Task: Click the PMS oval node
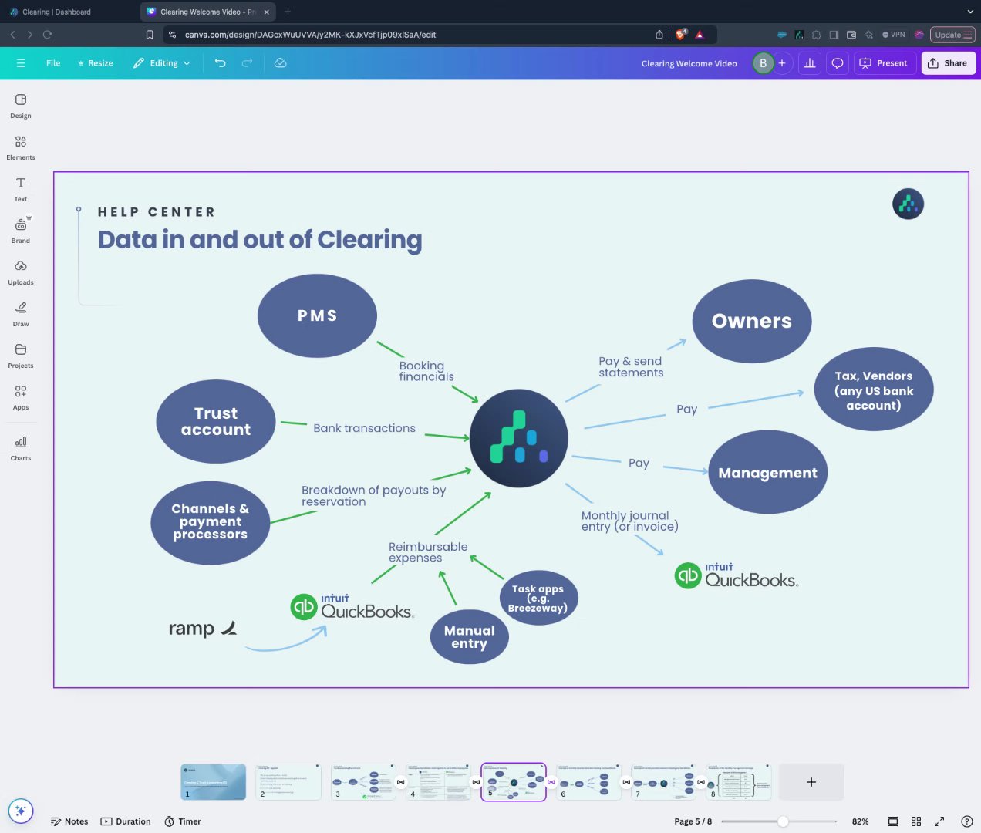click(317, 315)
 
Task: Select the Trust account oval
click(216, 421)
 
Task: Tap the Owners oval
click(751, 321)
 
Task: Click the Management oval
click(767, 473)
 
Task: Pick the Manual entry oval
click(469, 637)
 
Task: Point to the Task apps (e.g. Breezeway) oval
click(538, 598)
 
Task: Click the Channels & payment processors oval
click(210, 522)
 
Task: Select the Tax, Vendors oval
click(873, 390)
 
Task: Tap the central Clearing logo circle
click(519, 437)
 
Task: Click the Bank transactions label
click(364, 428)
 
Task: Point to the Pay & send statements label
click(631, 367)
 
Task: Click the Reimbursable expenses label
click(428, 552)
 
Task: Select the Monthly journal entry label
click(629, 521)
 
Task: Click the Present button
click(883, 63)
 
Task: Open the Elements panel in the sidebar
click(21, 147)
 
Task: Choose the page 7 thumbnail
click(663, 782)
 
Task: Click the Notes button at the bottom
click(69, 821)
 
